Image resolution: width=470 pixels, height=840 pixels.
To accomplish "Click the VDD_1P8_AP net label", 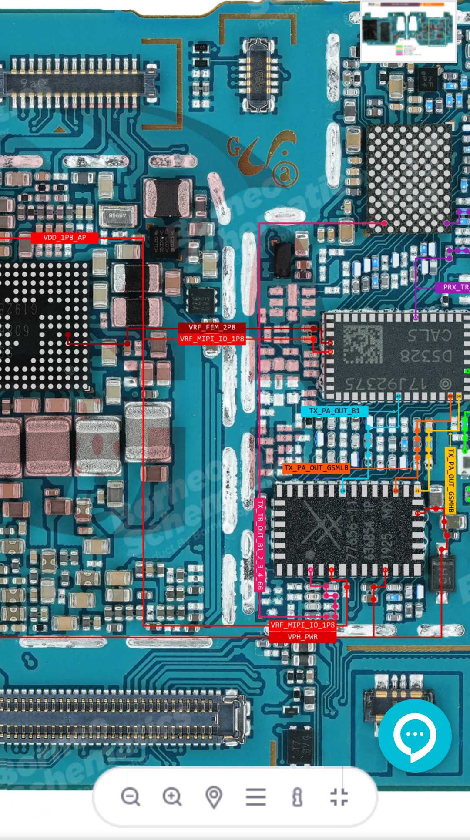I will point(64,238).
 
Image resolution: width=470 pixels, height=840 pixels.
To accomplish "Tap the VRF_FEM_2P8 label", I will point(212,327).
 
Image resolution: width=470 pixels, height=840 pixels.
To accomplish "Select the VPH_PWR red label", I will point(302,637).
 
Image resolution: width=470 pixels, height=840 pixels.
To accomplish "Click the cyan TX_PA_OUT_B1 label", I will point(334,411).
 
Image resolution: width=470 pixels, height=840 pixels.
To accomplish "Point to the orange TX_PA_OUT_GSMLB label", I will point(316,468).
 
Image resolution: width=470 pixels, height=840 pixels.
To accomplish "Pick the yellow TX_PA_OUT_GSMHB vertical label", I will point(450,480).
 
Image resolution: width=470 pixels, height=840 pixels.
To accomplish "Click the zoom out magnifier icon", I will point(130,797).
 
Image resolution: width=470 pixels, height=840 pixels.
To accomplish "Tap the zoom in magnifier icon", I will point(172,797).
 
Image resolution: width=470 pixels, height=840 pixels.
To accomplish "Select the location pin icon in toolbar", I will point(214,797).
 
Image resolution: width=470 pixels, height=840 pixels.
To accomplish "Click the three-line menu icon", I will point(256,797).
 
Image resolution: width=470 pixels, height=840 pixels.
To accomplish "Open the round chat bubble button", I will point(414,736).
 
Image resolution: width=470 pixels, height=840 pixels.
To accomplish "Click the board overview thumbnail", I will point(408,31).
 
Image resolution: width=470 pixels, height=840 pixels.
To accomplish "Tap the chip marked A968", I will point(117,215).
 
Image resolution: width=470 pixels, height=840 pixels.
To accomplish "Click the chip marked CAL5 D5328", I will point(394,356).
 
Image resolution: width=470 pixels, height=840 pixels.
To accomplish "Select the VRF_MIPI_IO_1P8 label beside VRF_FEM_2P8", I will point(212,339).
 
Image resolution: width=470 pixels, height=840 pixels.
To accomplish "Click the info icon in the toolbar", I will point(297,797).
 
